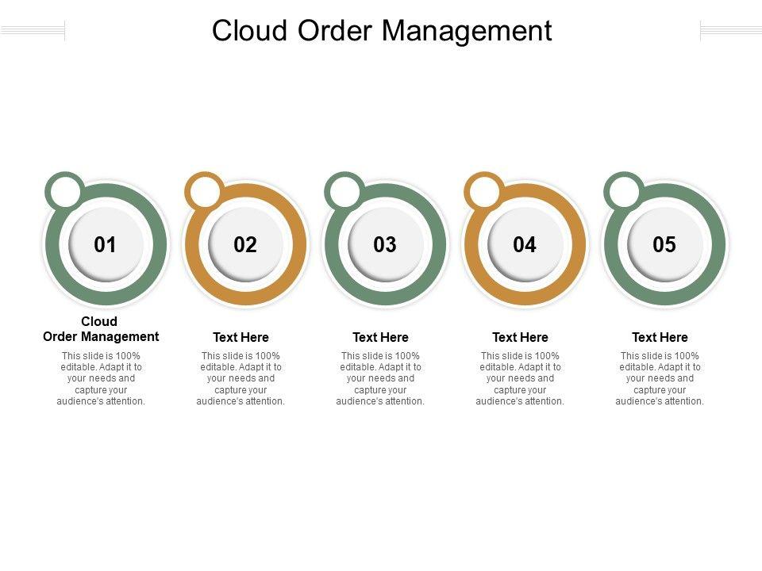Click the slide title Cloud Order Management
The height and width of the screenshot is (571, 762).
tap(381, 31)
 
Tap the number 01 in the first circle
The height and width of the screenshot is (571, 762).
tap(106, 245)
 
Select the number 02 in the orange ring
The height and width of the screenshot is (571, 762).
tap(245, 245)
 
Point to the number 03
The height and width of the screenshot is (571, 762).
tap(385, 245)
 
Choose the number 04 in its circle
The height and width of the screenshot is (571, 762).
tap(525, 245)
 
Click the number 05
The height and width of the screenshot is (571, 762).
tap(664, 245)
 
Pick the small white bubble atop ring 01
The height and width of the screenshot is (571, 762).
tap(65, 192)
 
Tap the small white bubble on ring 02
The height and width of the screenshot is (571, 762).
tap(205, 192)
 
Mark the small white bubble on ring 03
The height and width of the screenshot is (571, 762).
tap(344, 192)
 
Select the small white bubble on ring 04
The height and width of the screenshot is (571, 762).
tap(484, 192)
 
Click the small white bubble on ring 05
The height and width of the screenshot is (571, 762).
tap(624, 192)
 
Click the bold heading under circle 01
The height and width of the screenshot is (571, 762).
tap(101, 329)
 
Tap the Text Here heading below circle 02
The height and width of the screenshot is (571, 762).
tap(241, 337)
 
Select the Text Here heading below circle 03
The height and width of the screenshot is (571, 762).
tap(380, 337)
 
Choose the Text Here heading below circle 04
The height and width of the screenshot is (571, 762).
tap(520, 337)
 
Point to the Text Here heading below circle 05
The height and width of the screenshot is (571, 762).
tap(660, 337)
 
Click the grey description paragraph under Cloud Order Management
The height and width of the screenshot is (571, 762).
tap(101, 378)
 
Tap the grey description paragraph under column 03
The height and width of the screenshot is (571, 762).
tap(380, 378)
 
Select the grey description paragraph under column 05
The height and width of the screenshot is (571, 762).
tap(660, 378)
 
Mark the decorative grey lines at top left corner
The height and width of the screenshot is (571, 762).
tap(33, 31)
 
